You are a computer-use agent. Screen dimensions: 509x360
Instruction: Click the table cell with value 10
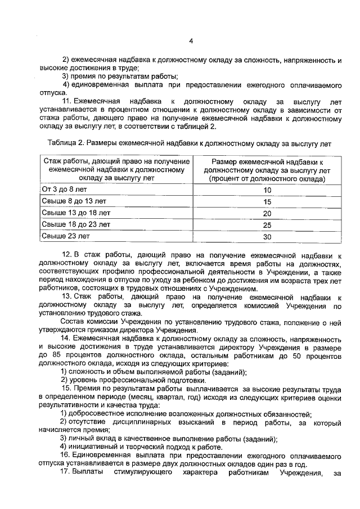pos(267,190)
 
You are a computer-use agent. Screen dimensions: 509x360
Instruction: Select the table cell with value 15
pos(267,202)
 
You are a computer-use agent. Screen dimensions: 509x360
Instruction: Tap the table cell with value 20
pos(267,214)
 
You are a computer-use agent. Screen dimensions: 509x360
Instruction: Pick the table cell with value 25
pos(267,225)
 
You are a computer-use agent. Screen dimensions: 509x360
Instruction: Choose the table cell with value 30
pos(267,237)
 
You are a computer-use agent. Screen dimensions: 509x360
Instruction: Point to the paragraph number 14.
pos(66,339)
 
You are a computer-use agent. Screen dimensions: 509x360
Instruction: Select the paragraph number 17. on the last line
pos(66,473)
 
